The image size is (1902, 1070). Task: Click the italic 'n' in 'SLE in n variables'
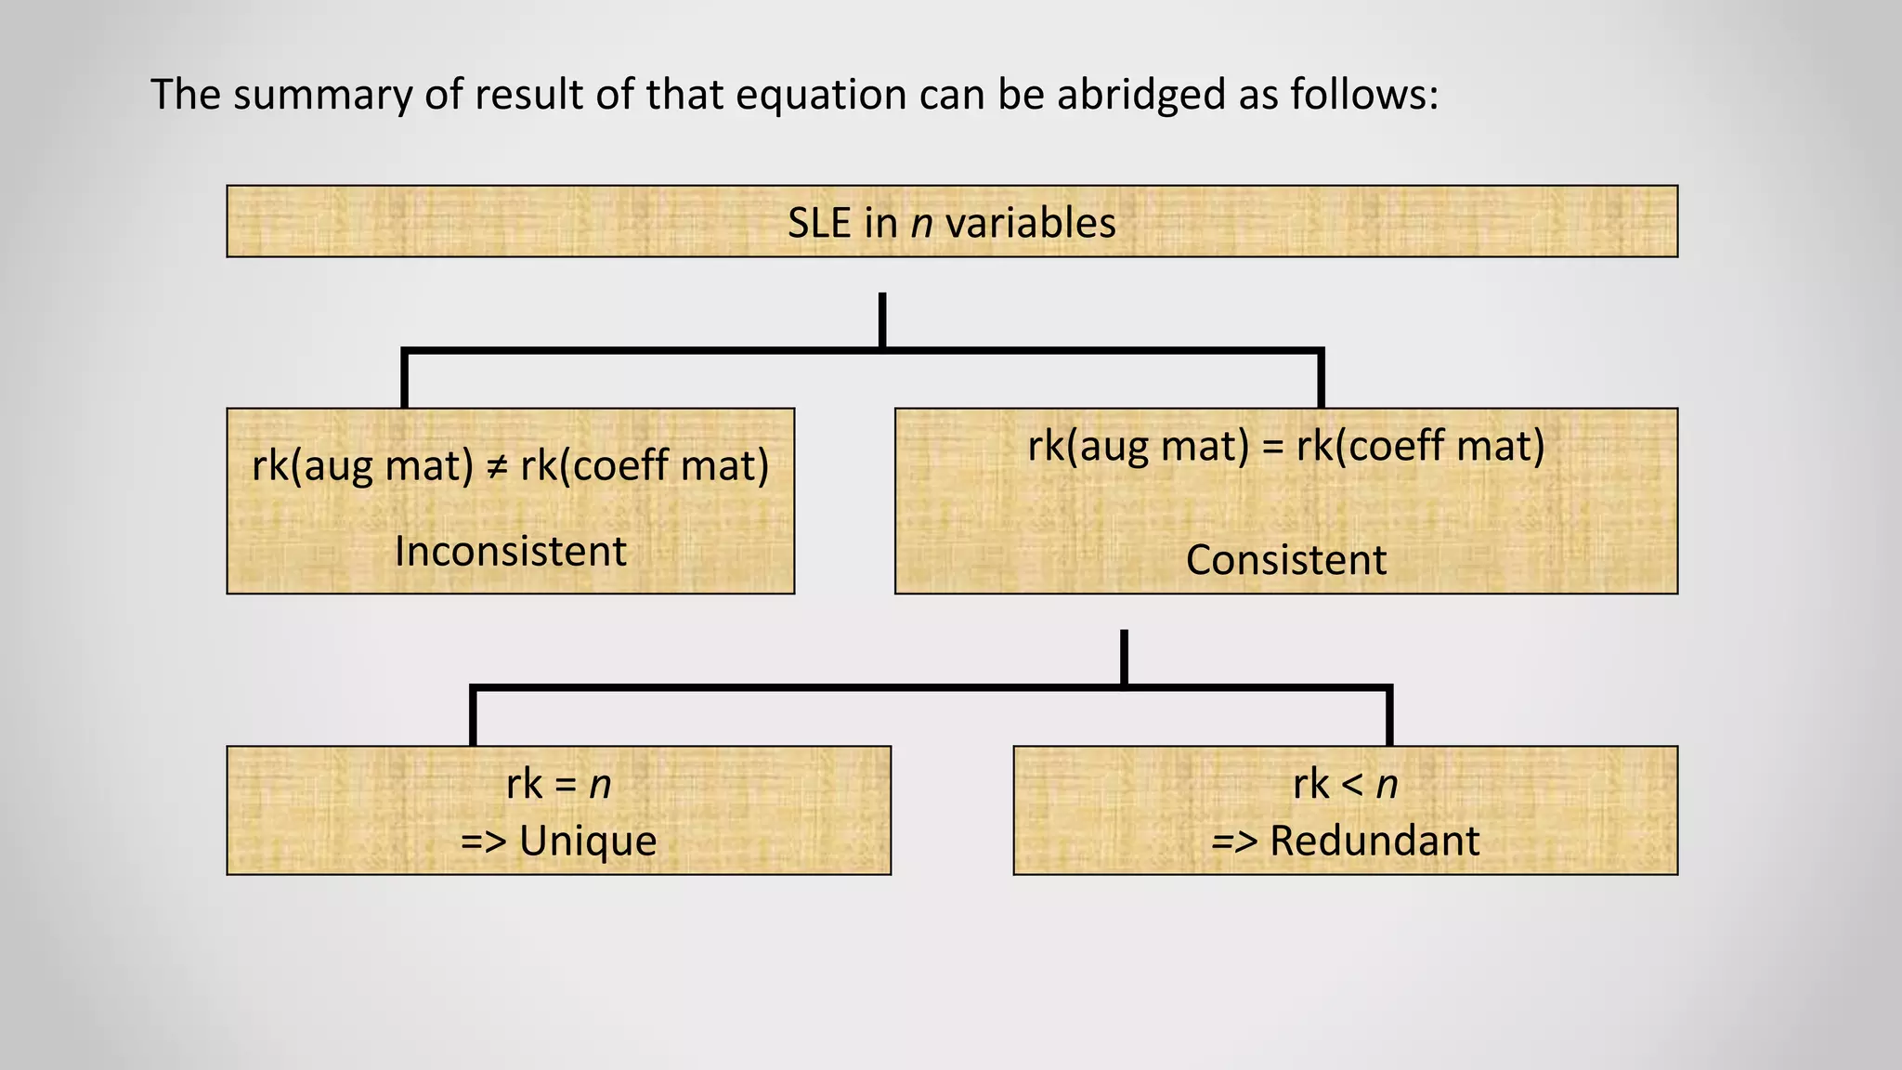921,224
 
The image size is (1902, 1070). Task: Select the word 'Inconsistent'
511,552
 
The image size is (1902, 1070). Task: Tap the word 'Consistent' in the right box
1286,560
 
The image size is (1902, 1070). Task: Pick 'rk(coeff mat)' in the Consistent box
1421,446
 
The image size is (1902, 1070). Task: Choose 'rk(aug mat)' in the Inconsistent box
362,465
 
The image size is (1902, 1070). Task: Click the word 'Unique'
587,841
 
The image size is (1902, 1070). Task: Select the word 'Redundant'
1374,841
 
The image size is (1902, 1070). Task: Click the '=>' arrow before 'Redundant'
1234,842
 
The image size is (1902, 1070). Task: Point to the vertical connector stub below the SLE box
882,320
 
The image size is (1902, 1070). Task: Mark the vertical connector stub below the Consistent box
1124,658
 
